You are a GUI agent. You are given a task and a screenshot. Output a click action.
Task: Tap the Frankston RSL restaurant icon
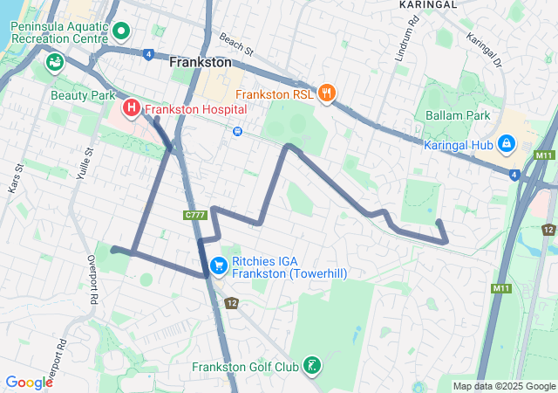(327, 93)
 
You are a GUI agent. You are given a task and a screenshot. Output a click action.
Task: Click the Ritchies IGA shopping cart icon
(219, 263)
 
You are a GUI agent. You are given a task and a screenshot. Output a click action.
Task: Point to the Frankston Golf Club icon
(311, 367)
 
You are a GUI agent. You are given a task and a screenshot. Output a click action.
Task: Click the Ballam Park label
(459, 115)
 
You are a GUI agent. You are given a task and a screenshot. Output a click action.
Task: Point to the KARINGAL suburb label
(429, 4)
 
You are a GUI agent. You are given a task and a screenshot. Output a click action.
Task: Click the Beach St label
(235, 41)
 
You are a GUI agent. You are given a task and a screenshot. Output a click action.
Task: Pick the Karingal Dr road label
(485, 50)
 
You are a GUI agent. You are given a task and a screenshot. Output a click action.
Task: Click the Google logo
(29, 382)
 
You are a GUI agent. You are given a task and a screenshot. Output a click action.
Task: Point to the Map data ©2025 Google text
(504, 386)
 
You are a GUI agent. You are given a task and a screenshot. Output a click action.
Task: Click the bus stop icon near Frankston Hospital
(237, 131)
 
